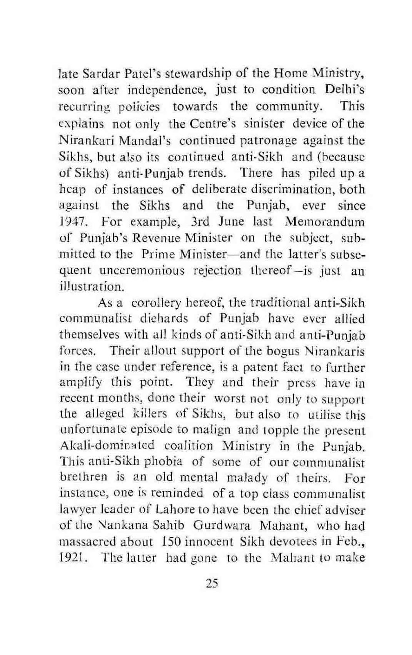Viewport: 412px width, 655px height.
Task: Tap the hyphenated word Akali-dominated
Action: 107,445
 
